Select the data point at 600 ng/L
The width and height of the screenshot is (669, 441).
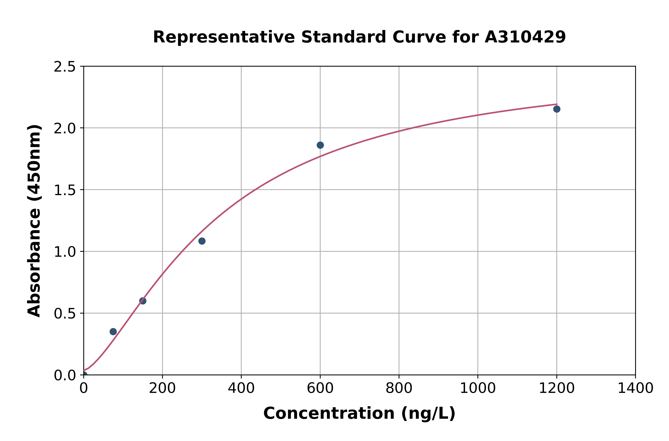[x=320, y=145]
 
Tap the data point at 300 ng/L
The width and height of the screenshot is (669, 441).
[x=202, y=241]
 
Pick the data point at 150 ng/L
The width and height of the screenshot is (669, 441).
[x=143, y=301]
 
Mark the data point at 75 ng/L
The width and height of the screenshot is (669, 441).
[x=113, y=332]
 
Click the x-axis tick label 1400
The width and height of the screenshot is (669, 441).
[x=635, y=388]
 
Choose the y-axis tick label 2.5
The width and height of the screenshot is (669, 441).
[x=65, y=67]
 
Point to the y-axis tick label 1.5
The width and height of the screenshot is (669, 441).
[x=65, y=190]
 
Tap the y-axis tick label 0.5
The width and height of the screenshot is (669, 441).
[x=65, y=314]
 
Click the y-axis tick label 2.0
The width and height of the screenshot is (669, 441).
[x=65, y=129]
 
